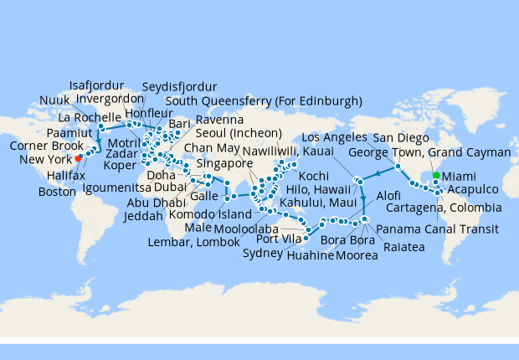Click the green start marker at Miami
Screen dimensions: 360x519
434,177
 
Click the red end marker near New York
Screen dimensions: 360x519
78,157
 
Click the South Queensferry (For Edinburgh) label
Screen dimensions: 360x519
264,101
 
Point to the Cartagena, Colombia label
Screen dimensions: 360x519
438,207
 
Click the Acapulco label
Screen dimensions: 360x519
478,190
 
